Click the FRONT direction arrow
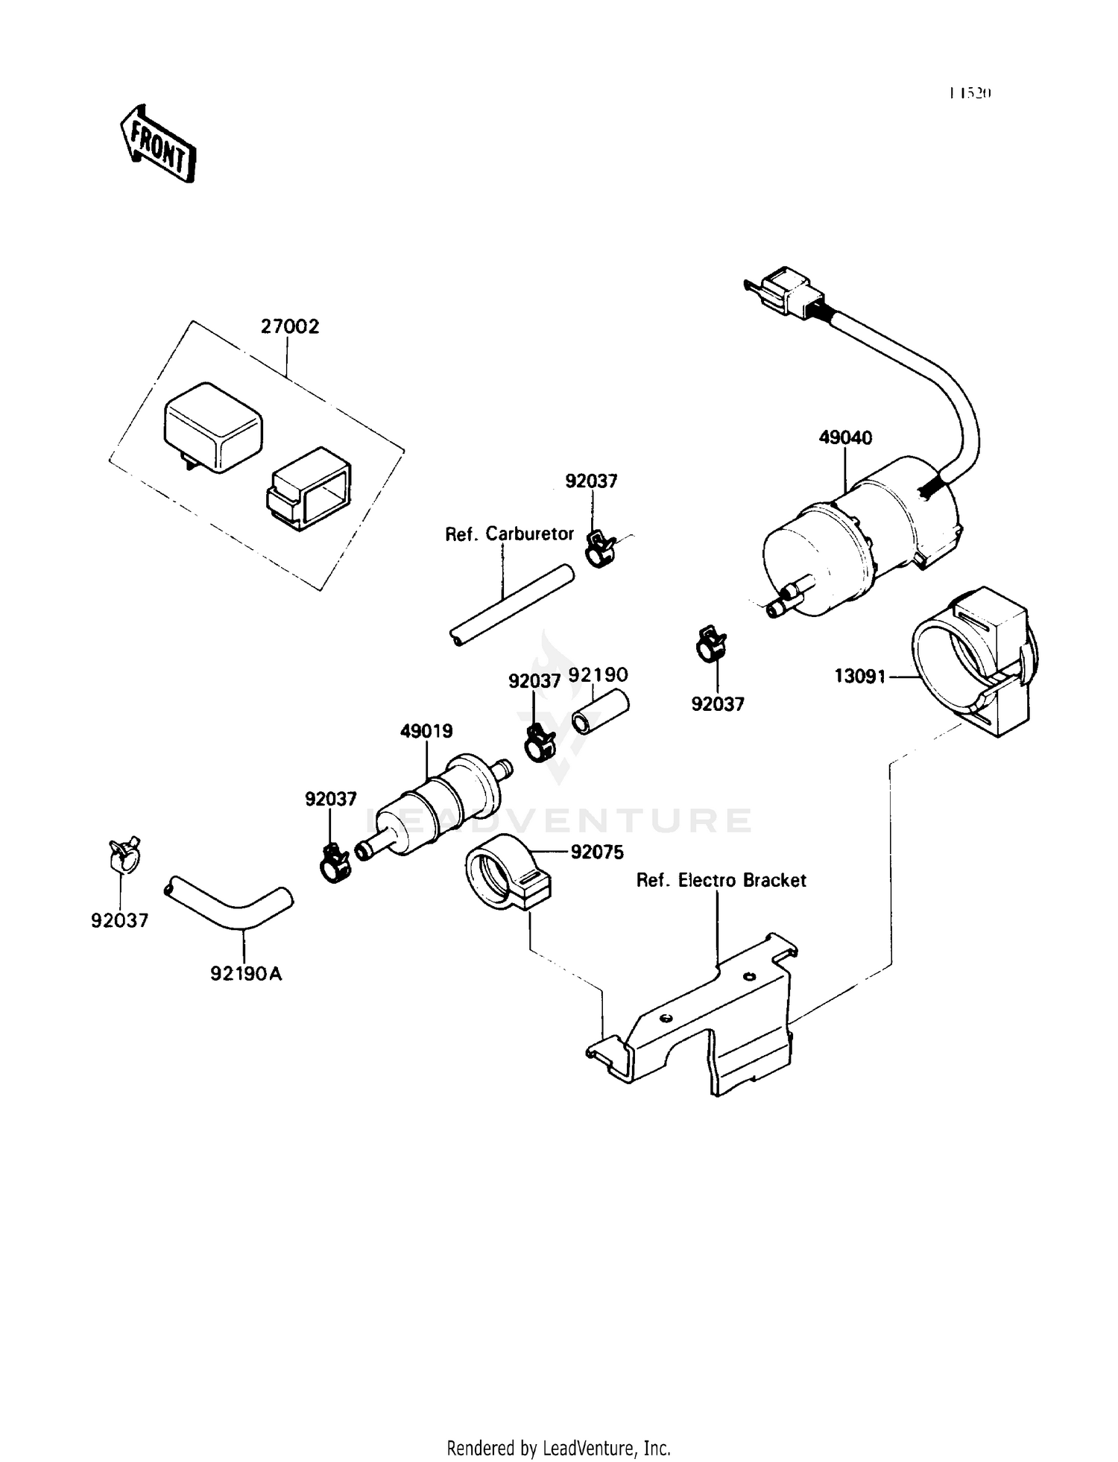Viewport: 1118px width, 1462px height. coord(158,144)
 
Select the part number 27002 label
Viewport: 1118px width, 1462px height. coord(289,326)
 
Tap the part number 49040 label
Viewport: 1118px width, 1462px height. coord(845,437)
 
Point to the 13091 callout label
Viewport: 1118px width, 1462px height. coord(859,676)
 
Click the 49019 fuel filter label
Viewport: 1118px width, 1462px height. coord(426,731)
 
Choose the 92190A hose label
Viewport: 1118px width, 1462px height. coord(246,973)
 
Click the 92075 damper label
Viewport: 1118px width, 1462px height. coord(597,852)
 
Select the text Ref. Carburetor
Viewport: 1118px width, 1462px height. coord(509,534)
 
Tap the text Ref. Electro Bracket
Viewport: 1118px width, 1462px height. coord(721,880)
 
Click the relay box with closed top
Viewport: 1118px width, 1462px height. coord(212,426)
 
